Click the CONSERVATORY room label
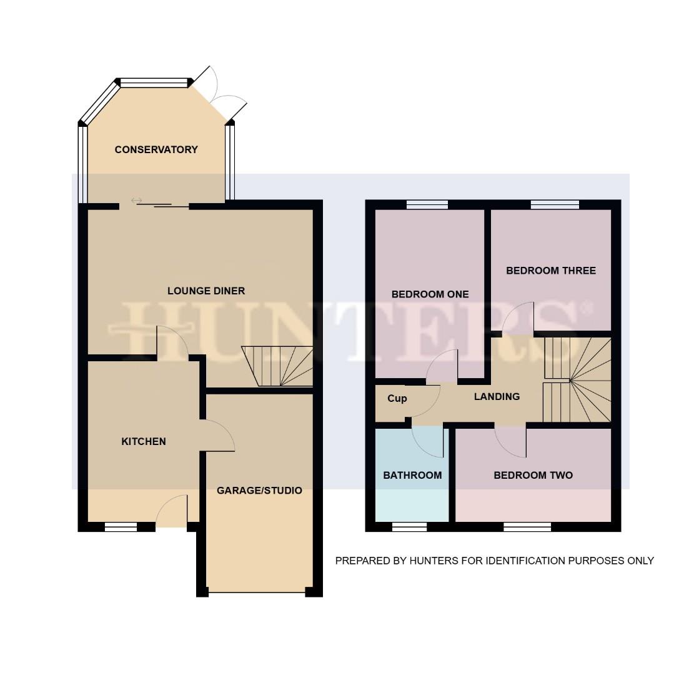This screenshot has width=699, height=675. [156, 149]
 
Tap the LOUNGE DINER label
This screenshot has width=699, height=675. [206, 291]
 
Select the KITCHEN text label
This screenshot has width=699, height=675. [144, 441]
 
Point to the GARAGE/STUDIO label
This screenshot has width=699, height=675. [259, 491]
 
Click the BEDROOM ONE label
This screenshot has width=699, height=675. [430, 294]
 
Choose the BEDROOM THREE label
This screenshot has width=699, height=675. [551, 271]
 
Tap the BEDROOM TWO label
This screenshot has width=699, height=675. [533, 475]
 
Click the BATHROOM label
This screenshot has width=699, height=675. [412, 475]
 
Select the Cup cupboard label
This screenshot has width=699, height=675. [397, 398]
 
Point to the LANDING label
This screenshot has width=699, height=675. [497, 396]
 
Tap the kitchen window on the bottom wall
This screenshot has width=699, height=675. [121, 527]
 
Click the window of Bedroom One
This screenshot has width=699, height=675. [427, 204]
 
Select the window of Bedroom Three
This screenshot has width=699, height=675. [555, 204]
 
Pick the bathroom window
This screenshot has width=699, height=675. [410, 527]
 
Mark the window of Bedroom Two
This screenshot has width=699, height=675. [527, 527]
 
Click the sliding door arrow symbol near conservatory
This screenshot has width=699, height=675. [136, 200]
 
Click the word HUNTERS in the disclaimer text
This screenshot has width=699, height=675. [434, 561]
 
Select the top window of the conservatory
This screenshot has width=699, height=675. [154, 82]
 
